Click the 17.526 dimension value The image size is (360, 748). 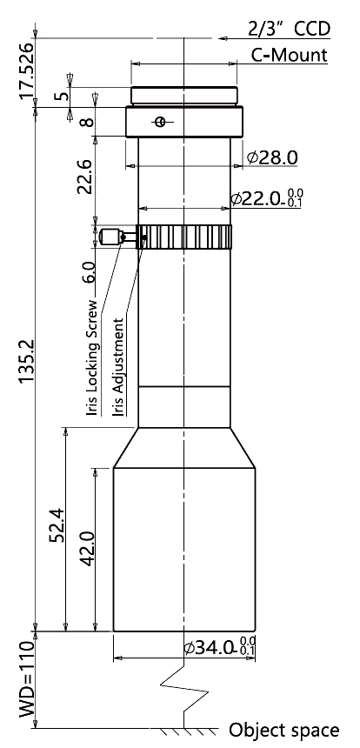click(27, 71)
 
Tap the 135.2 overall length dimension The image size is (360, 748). click(27, 361)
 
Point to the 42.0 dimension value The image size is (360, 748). click(88, 549)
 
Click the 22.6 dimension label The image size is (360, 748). click(85, 177)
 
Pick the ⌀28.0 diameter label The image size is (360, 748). click(272, 157)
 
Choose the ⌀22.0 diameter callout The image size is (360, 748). click(267, 197)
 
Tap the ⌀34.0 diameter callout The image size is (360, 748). click(220, 646)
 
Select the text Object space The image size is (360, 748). click(284, 730)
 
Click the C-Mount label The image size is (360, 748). click(290, 56)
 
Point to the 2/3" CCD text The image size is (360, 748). click(289, 29)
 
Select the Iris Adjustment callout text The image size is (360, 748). click(119, 367)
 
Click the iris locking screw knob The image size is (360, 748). click(110, 237)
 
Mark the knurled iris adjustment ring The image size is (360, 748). click(184, 237)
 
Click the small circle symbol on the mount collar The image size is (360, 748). click(160, 122)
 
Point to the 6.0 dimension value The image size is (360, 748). click(90, 272)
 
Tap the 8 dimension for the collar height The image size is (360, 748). click(86, 122)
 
